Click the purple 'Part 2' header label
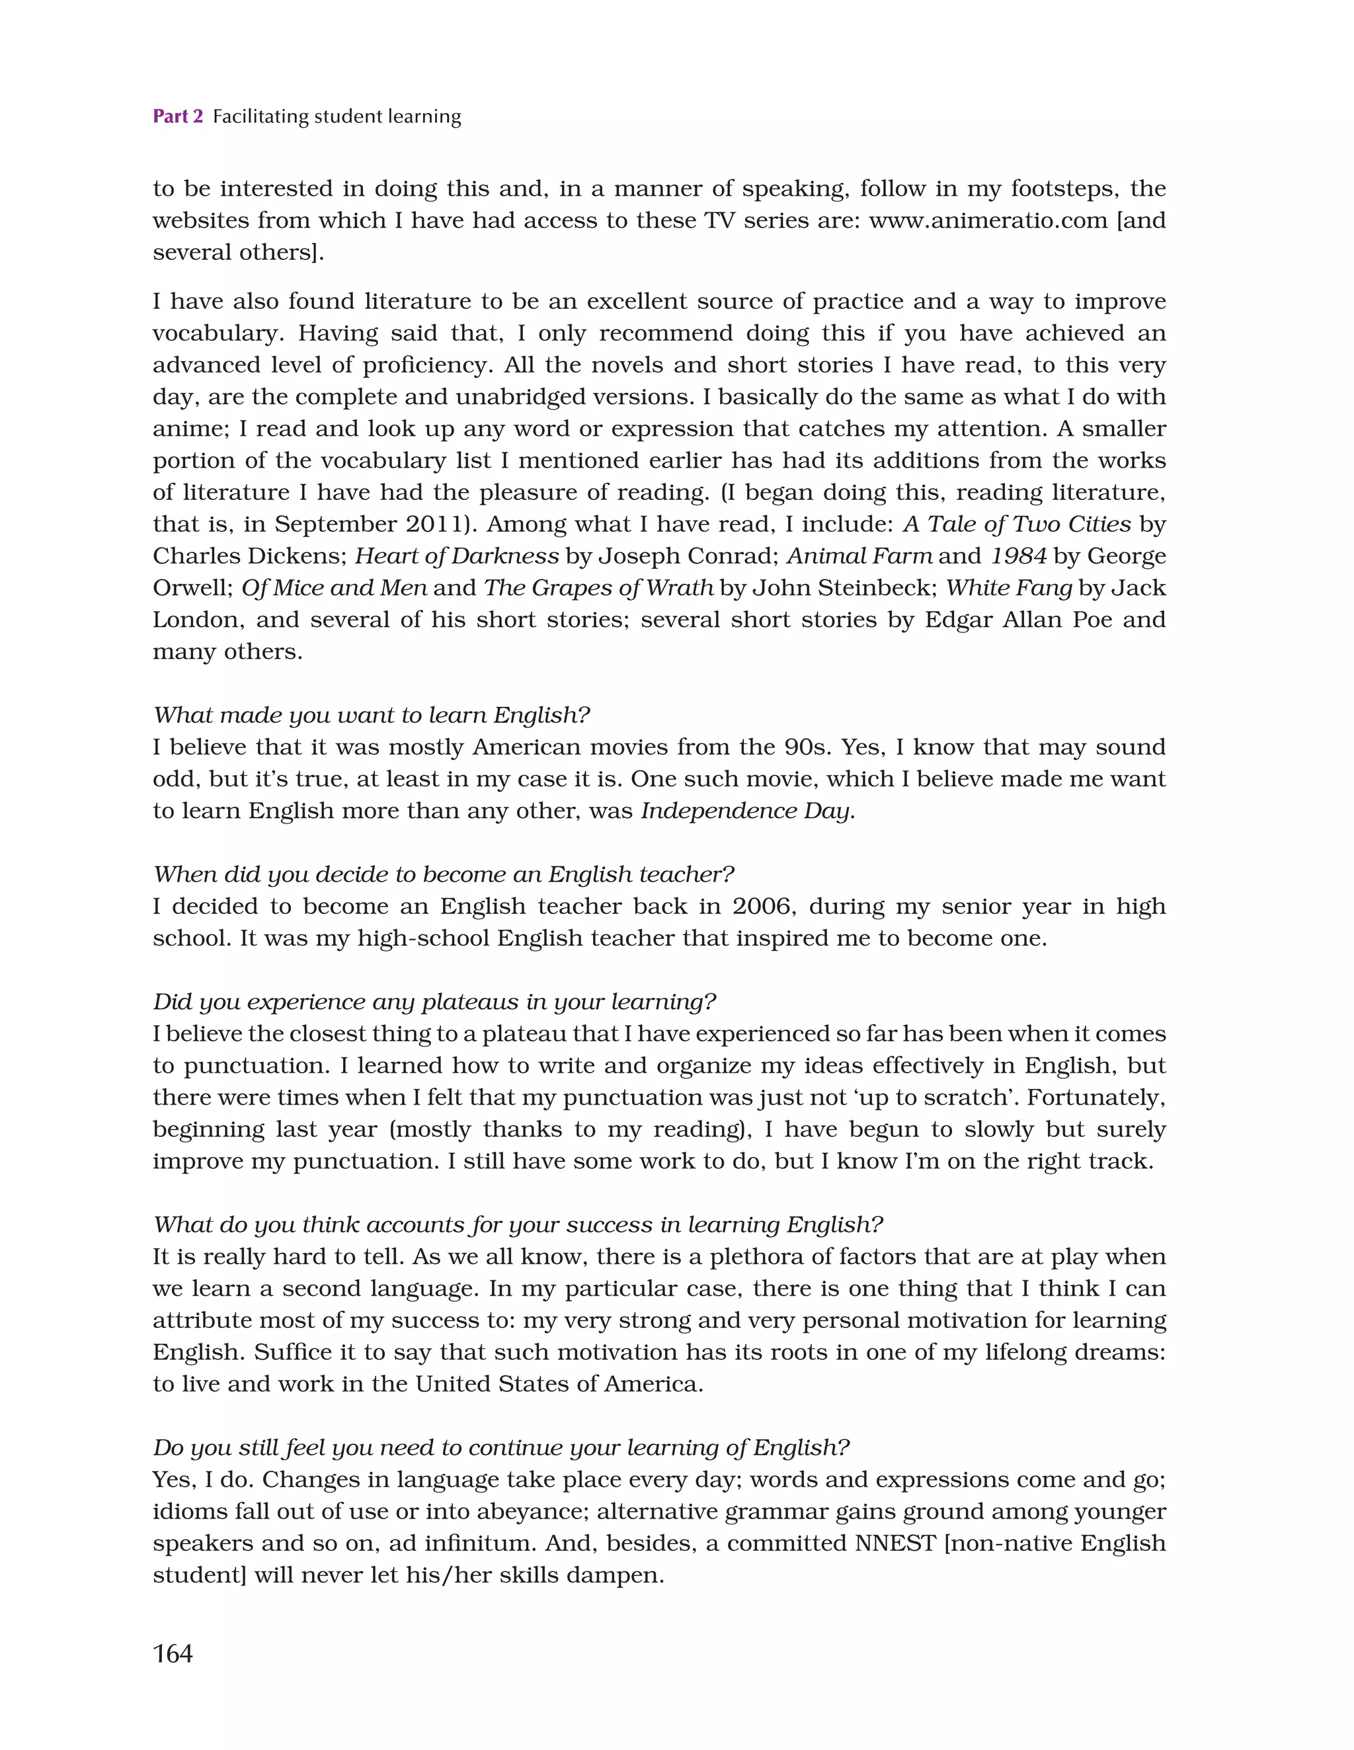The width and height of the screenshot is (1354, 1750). [177, 117]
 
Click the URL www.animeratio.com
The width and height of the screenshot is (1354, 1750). [988, 220]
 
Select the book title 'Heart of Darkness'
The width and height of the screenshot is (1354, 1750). [457, 556]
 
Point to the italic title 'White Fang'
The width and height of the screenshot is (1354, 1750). [1009, 588]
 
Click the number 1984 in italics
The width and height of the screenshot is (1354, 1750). [1018, 556]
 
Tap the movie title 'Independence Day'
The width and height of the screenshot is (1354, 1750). [745, 811]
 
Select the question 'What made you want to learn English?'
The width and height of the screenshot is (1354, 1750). [372, 715]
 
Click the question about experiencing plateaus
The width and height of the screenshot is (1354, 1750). [434, 1001]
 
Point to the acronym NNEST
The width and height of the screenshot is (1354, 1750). [895, 1543]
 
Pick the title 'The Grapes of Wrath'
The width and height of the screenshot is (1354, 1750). [598, 588]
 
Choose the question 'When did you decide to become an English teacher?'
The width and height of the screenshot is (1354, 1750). [444, 874]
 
